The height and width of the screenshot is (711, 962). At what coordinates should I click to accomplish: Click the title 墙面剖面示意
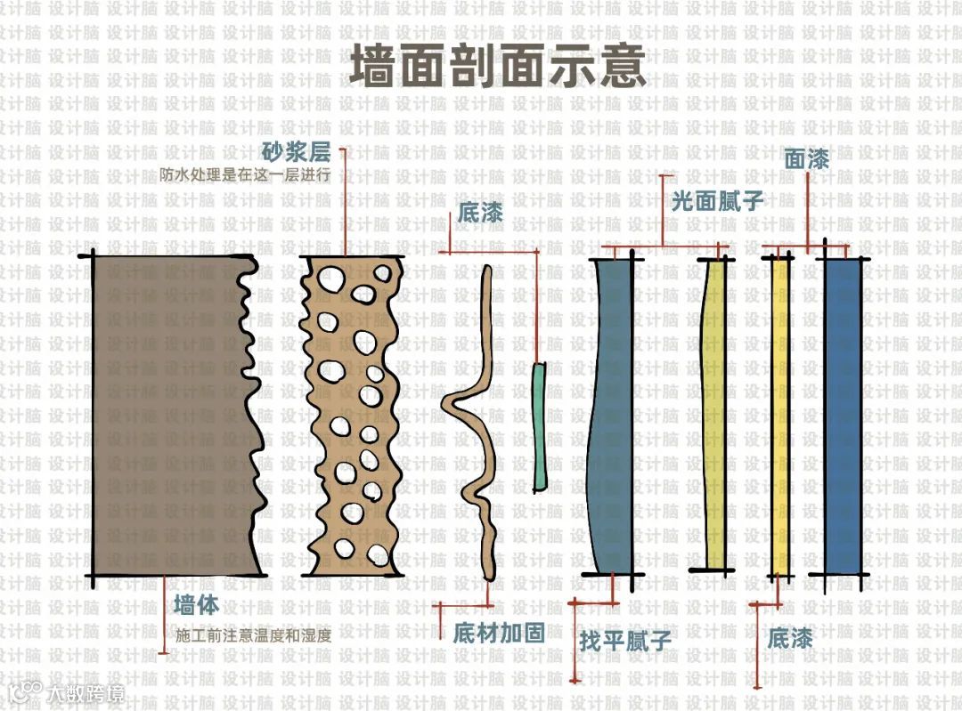(497, 68)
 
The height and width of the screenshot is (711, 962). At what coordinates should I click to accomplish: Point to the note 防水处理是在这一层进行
(246, 174)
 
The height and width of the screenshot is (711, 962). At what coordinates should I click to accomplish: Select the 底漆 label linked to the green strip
(480, 214)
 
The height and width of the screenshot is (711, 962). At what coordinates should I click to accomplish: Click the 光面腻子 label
(717, 200)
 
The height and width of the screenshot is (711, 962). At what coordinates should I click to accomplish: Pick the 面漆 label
(807, 159)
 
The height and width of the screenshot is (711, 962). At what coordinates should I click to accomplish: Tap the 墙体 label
(196, 605)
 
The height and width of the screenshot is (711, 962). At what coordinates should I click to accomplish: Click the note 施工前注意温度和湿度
(253, 635)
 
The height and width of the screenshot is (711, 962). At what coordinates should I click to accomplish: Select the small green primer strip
(540, 427)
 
